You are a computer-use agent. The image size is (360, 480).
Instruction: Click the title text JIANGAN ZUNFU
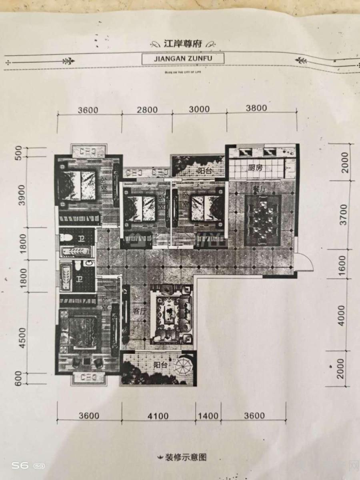[183, 58]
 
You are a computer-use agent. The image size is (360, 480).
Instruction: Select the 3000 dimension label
[199, 110]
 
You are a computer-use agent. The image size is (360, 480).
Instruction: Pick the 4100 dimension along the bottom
[158, 416]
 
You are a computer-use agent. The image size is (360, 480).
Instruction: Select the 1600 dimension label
[342, 263]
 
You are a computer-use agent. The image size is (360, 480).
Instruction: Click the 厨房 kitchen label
[255, 168]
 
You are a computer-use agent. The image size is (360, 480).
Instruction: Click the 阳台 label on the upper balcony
[205, 171]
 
